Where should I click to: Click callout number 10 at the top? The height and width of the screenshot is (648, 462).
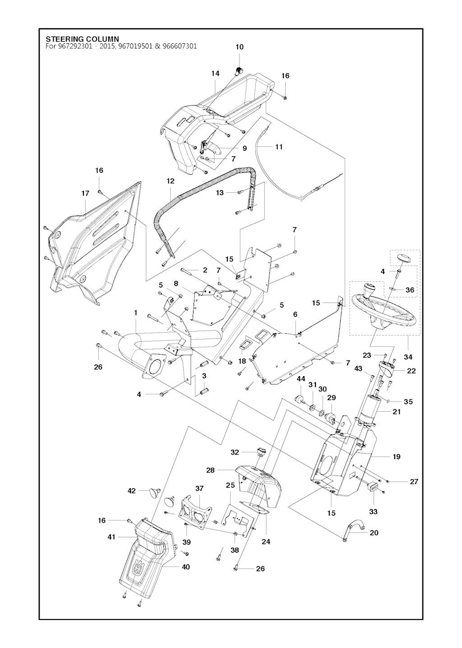click(239, 47)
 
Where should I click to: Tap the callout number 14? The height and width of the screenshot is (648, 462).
click(215, 73)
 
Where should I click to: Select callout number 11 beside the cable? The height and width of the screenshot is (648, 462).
click(279, 147)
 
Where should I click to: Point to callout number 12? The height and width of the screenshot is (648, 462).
click(170, 181)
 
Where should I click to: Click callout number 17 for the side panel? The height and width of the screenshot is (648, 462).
click(85, 193)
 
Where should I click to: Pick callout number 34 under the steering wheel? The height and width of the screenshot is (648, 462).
click(408, 357)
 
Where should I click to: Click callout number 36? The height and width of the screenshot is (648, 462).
click(410, 290)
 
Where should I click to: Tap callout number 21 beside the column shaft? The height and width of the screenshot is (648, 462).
click(397, 411)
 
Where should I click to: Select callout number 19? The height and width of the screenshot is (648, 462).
click(397, 457)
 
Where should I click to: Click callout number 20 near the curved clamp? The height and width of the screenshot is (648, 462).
click(374, 533)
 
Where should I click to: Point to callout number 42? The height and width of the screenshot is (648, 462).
click(132, 490)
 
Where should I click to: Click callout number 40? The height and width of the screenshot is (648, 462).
click(185, 567)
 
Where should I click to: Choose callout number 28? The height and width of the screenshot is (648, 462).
click(210, 470)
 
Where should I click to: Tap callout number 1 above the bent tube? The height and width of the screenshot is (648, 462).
click(135, 312)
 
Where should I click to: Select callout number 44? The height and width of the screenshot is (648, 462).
click(301, 378)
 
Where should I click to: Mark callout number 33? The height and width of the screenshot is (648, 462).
click(374, 512)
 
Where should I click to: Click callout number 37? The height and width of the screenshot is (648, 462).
click(199, 488)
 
